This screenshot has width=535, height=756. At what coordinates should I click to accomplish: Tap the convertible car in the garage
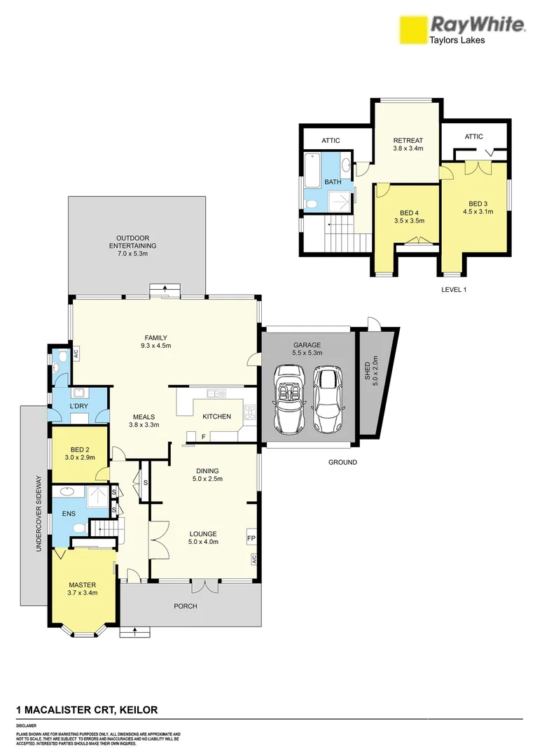pyautogui.click(x=290, y=398)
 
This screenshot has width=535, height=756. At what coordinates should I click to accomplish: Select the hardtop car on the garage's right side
pyautogui.click(x=328, y=398)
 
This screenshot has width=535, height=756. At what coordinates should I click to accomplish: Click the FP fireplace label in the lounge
pyautogui.click(x=251, y=538)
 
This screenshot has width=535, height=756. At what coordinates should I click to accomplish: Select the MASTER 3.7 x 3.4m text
pyautogui.click(x=82, y=589)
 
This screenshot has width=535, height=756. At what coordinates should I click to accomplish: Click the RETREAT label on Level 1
pyautogui.click(x=408, y=144)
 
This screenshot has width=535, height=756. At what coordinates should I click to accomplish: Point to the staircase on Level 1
pyautogui.click(x=346, y=232)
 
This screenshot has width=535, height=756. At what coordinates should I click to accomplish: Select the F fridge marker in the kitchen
pyautogui.click(x=203, y=437)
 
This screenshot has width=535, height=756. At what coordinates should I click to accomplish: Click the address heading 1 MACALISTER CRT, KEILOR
pyautogui.click(x=87, y=710)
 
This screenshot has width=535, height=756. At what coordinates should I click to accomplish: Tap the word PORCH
pyautogui.click(x=186, y=606)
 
